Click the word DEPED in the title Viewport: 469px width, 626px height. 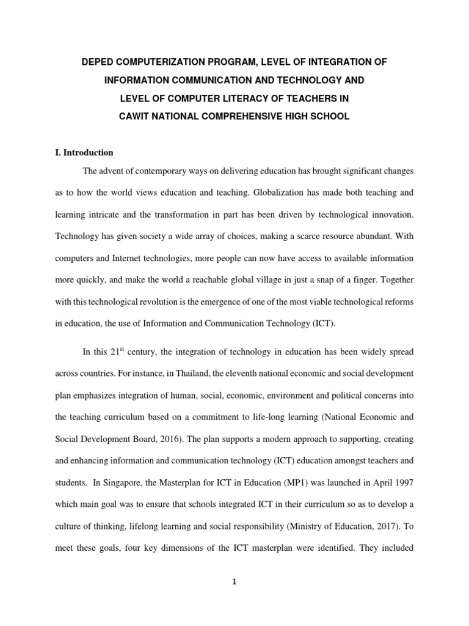100,63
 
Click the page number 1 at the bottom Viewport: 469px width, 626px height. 234,582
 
